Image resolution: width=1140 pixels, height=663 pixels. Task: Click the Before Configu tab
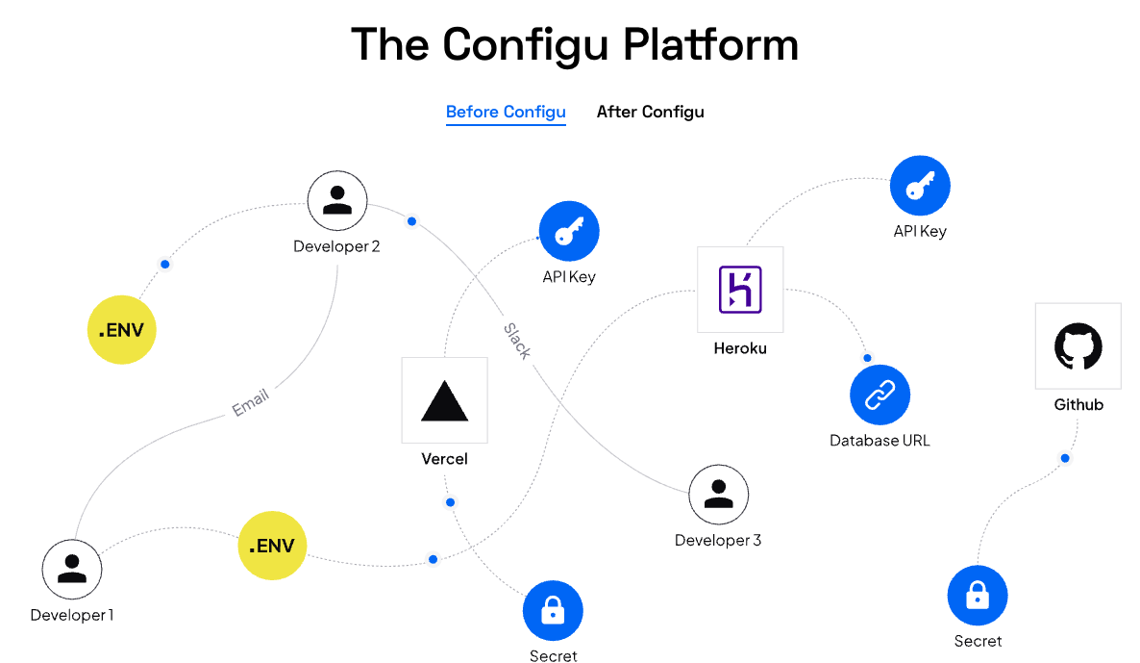[x=506, y=112]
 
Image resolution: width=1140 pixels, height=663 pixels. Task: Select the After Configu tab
[x=650, y=112]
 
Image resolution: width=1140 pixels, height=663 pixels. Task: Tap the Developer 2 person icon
[x=337, y=200]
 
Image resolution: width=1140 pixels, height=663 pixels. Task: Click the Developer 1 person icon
[x=72, y=569]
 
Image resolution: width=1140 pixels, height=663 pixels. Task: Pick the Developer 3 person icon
[x=718, y=495]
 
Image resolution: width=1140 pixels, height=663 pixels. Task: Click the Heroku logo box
[x=740, y=290]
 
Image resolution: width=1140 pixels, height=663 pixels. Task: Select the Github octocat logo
[x=1078, y=346]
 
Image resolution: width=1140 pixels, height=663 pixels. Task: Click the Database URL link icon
[x=880, y=395]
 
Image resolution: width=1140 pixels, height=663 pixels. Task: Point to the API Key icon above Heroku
[x=920, y=186]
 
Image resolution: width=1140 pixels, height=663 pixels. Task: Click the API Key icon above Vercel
[x=569, y=232]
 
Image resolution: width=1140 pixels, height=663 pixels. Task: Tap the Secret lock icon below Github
[x=978, y=596]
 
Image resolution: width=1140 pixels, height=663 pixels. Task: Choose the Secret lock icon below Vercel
[x=553, y=611]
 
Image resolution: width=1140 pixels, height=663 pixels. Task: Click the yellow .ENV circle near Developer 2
[x=121, y=330]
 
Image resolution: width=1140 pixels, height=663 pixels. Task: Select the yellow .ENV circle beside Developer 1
[x=272, y=546]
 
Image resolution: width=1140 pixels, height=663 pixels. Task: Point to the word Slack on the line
[x=517, y=341]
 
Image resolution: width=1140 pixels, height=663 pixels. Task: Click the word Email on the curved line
[x=250, y=402]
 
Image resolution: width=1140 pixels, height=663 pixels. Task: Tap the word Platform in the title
[x=710, y=44]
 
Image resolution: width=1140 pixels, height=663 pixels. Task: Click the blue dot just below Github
[x=1065, y=458]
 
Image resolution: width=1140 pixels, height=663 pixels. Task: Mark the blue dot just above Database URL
[x=867, y=358]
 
